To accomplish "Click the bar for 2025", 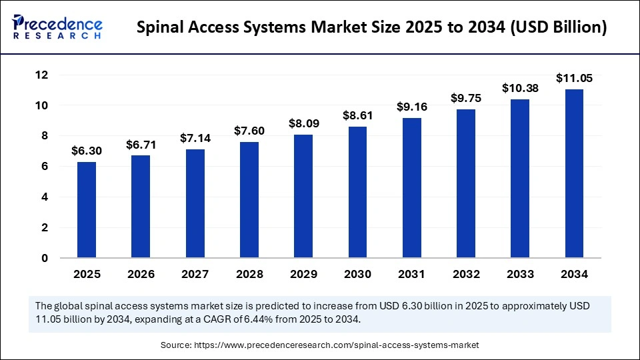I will (87, 210).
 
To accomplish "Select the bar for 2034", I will (574, 173).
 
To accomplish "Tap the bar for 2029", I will (303, 196).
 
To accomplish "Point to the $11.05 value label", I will (574, 79).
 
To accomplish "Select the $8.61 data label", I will (357, 116).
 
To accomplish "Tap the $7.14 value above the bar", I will (195, 138).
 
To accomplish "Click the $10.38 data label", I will (520, 89).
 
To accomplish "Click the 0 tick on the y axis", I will (44, 258).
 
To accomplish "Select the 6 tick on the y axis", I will (44, 167).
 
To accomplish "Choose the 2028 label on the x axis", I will (249, 274).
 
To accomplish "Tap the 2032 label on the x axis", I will (466, 274).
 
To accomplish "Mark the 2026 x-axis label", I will (141, 274).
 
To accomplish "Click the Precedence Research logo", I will (57, 27).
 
